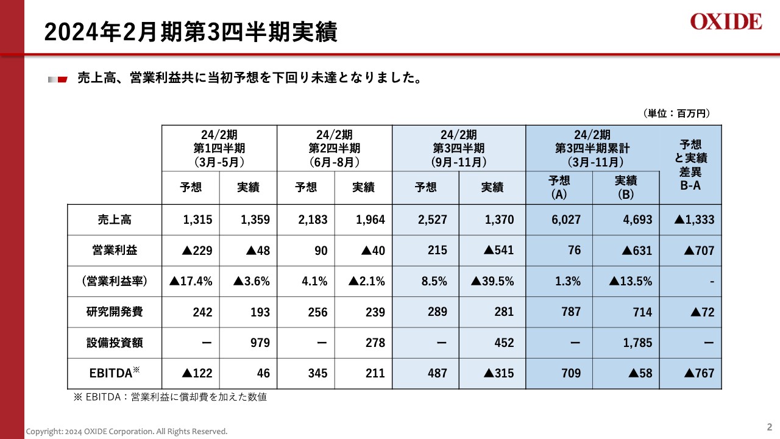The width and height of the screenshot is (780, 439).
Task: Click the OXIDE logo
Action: (x=726, y=22)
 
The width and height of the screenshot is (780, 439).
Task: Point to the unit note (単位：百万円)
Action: (x=676, y=113)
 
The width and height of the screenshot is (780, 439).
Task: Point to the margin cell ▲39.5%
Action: (x=492, y=281)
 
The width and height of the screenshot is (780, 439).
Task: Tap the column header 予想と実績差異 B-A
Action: (x=690, y=165)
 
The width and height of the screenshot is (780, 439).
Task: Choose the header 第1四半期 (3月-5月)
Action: (x=219, y=148)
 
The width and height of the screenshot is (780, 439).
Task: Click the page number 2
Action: (x=769, y=427)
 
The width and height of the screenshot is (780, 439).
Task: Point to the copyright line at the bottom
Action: (x=126, y=432)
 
